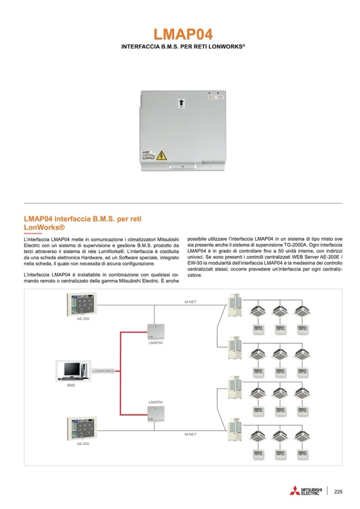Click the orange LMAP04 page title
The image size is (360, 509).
click(x=183, y=34)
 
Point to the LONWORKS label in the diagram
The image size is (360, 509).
click(x=104, y=371)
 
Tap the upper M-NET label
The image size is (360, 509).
click(x=190, y=301)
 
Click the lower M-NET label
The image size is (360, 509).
click(x=190, y=434)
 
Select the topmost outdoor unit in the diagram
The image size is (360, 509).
click(x=234, y=306)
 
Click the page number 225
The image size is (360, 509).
click(x=338, y=491)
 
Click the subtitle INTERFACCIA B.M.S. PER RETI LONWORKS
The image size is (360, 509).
click(x=183, y=47)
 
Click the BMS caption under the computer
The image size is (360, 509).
click(x=71, y=385)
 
